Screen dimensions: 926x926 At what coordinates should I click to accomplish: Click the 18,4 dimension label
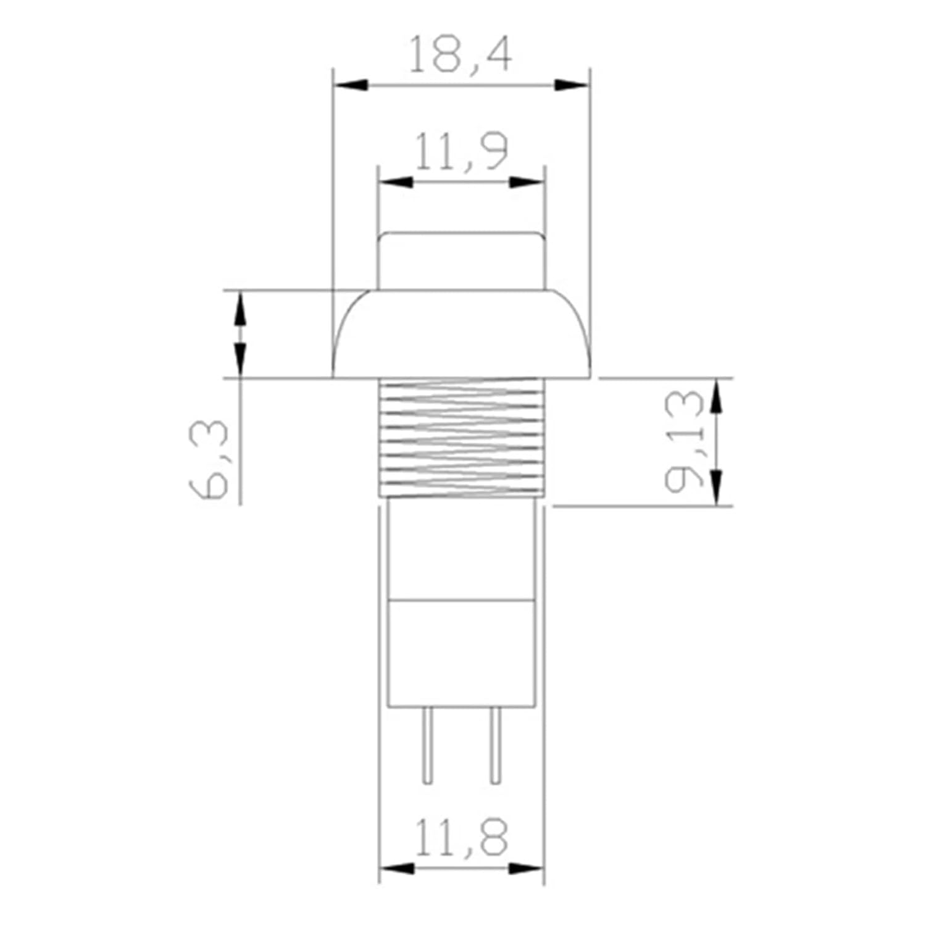(x=460, y=56)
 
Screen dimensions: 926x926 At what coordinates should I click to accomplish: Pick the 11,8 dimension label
(x=461, y=838)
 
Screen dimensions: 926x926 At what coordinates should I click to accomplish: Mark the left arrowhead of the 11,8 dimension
(x=396, y=868)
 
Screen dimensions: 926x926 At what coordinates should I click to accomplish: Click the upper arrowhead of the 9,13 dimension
(x=715, y=396)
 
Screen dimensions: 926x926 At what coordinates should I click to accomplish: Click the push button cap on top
(x=462, y=259)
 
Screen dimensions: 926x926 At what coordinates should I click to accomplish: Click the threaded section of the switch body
(x=462, y=438)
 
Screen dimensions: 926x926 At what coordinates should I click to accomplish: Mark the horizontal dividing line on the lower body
(x=462, y=599)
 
